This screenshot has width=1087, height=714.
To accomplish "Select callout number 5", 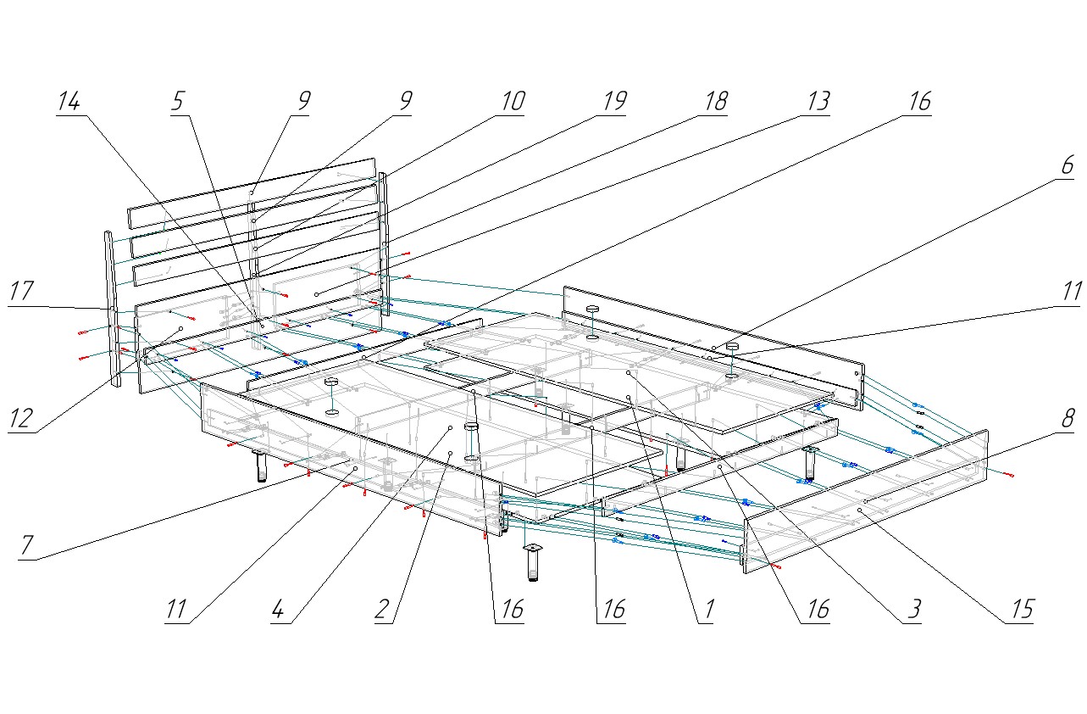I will coord(177,103).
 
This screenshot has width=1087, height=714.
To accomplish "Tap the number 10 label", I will coord(511,103).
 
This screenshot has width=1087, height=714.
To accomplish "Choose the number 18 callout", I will coord(714,103).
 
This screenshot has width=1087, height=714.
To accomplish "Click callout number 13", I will coord(816,103).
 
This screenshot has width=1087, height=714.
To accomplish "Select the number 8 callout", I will coord(1068,418).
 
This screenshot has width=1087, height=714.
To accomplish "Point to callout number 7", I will coord(28,545).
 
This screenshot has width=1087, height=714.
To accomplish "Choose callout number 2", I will coord(383,610).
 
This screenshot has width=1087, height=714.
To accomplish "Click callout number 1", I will coord(706,610).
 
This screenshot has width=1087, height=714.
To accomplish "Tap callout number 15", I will coord(1020,610).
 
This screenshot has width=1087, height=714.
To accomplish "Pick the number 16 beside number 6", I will coord(918,103).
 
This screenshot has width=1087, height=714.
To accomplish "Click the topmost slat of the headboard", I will coord(251,192).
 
